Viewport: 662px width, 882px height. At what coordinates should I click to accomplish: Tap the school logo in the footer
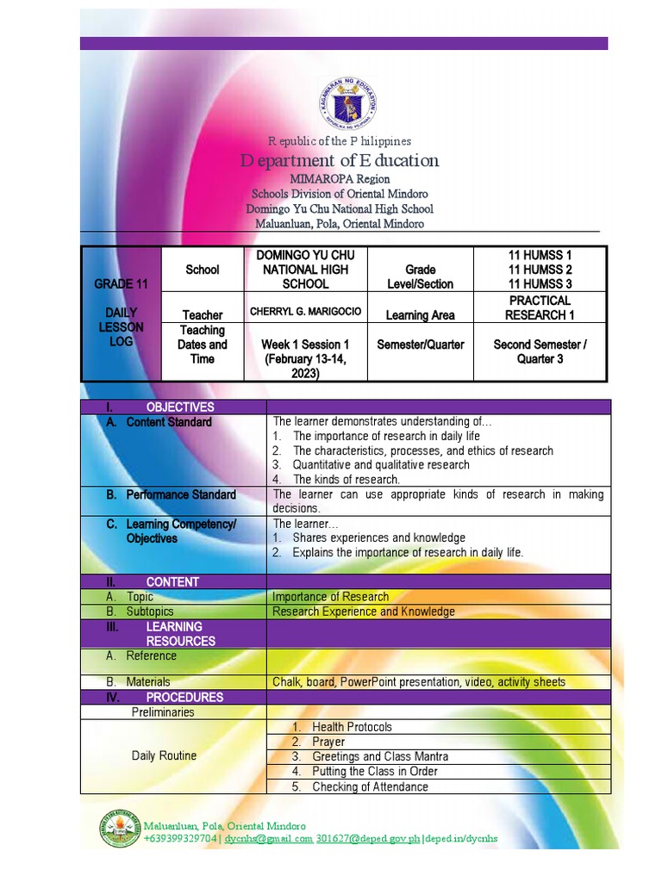[121, 832]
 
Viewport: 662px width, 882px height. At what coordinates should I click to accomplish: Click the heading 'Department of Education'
[340, 161]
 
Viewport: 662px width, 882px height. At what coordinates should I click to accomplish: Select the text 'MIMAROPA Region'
[340, 179]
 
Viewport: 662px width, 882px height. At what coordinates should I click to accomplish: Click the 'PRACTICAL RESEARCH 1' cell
[540, 307]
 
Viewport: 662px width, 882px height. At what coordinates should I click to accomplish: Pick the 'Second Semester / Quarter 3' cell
[540, 351]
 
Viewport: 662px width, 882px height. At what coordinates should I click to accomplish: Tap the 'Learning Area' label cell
[420, 315]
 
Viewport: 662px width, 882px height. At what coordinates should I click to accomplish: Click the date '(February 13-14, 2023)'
[305, 366]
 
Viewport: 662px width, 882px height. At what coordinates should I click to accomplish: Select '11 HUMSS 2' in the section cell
[540, 270]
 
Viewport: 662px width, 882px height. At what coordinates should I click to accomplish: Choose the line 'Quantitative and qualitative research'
[381, 464]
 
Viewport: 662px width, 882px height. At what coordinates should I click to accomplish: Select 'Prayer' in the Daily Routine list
[328, 742]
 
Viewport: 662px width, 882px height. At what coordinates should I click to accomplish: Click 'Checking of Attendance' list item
[370, 786]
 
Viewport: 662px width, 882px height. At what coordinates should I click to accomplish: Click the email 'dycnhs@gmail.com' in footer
[268, 839]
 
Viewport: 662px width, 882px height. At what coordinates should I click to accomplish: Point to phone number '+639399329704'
[180, 839]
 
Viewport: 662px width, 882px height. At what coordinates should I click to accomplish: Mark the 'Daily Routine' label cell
[164, 755]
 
